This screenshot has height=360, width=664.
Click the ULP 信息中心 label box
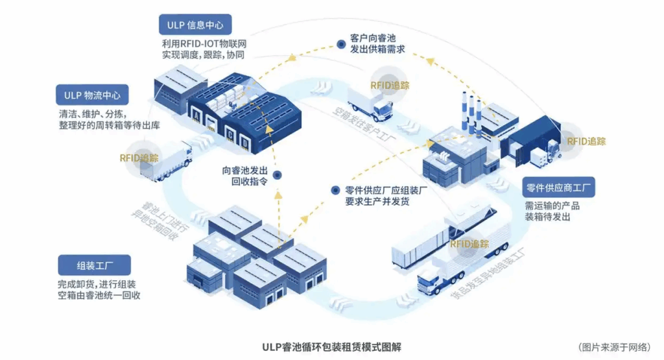(x=195, y=25)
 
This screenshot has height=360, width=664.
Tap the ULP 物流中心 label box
(x=92, y=95)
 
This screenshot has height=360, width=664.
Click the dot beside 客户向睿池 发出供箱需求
(x=341, y=44)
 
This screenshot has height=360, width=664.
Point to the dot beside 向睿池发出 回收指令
(x=277, y=175)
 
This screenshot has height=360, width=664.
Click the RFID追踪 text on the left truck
(x=139, y=158)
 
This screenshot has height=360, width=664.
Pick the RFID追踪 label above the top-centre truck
(x=390, y=85)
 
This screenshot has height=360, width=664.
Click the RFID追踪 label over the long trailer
(x=468, y=244)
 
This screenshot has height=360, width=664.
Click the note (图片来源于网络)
(x=615, y=346)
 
